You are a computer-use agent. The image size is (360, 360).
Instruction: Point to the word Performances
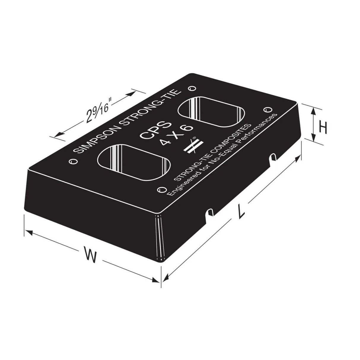click(255, 130)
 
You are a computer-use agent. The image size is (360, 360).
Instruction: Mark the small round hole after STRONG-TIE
click(192, 88)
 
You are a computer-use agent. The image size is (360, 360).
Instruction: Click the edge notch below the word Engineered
click(209, 212)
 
